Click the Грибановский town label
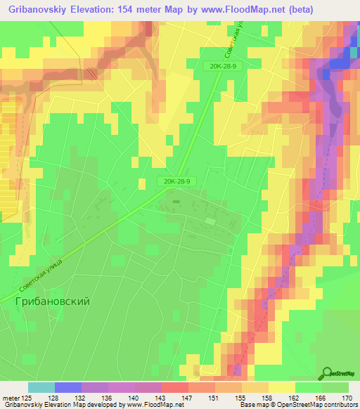[x=52, y=300]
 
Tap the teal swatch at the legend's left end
[x=41, y=387]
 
